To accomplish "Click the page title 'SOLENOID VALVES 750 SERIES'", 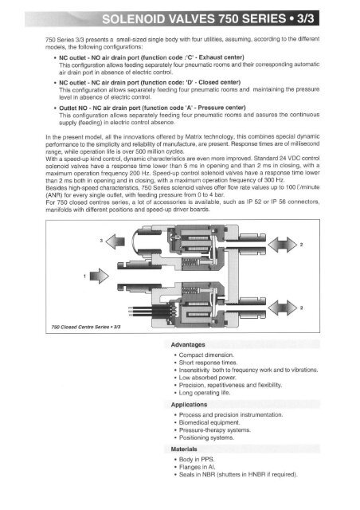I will tap(179, 17).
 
